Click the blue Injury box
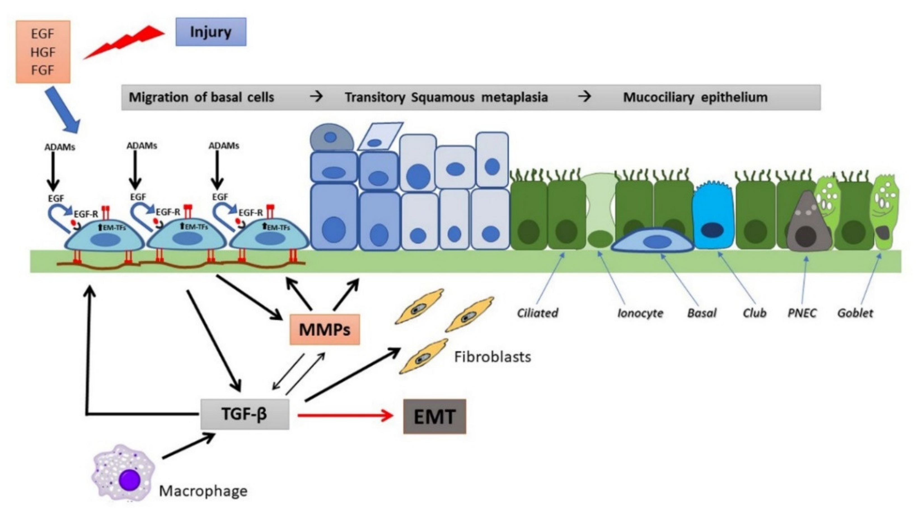pyautogui.click(x=210, y=32)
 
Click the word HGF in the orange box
pyautogui.click(x=43, y=52)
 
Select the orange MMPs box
pyautogui.click(x=324, y=330)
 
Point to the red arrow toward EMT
pyautogui.click(x=345, y=415)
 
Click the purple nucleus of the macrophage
pyautogui.click(x=129, y=480)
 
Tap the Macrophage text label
pyautogui.click(x=203, y=491)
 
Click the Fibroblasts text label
pyautogui.click(x=493, y=357)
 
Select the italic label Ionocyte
pyautogui.click(x=640, y=313)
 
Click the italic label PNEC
pyautogui.click(x=802, y=313)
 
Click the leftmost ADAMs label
pyautogui.click(x=59, y=147)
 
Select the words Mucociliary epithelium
pyautogui.click(x=695, y=97)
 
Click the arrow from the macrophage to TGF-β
pyautogui.click(x=188, y=446)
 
